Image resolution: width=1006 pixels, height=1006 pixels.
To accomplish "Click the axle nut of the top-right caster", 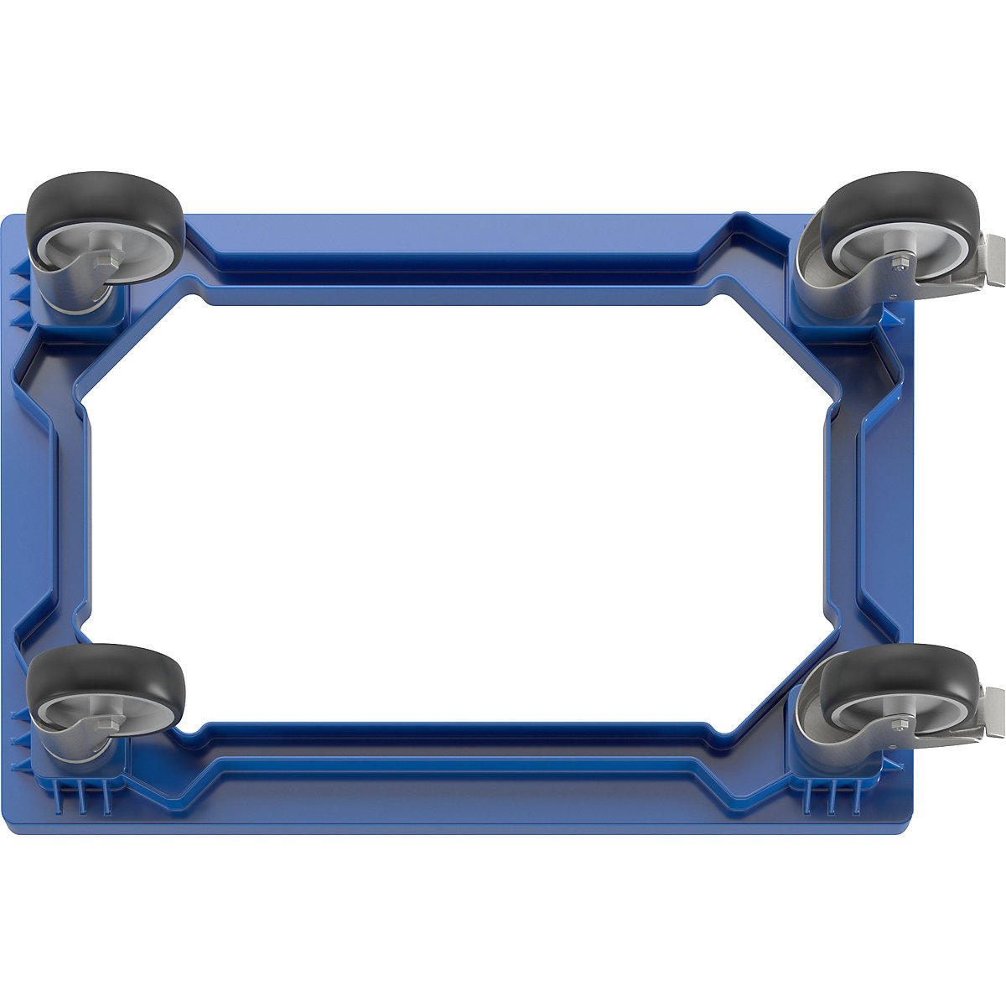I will coord(898,266).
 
